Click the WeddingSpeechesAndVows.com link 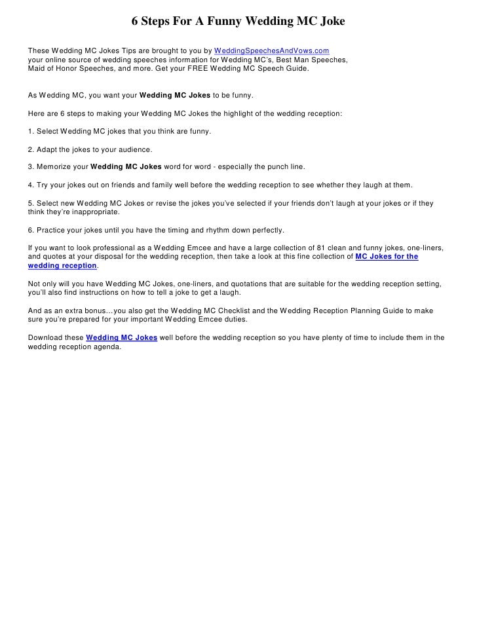tap(271, 50)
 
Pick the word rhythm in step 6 tap(210, 231)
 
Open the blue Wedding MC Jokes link tap(121, 338)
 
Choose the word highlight tap(239, 113)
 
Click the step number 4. tap(30, 185)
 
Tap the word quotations tap(243, 284)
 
